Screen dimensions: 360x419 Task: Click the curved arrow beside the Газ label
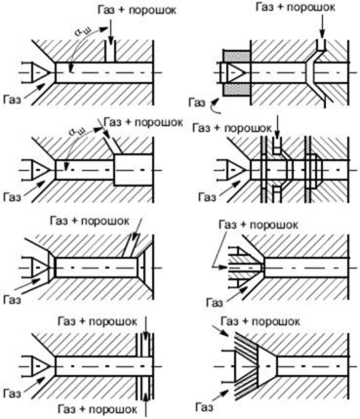[x=214, y=106]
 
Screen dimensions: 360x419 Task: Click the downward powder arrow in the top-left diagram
[x=110, y=30]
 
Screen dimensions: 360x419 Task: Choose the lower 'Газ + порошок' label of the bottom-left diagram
[x=97, y=408]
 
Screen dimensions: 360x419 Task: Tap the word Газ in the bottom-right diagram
[x=205, y=406]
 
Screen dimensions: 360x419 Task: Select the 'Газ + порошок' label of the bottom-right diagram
[x=260, y=321]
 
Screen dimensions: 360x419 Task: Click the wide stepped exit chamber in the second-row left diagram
[x=134, y=170]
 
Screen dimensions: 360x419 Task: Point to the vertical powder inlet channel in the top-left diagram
[x=110, y=52]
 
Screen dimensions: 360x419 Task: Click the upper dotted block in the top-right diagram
[x=236, y=56]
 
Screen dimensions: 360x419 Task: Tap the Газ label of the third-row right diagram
[x=215, y=303]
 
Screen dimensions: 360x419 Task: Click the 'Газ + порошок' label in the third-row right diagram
[x=259, y=225]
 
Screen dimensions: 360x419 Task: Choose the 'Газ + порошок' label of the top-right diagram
[x=295, y=7]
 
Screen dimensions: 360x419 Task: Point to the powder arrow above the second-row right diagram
[x=277, y=126]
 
